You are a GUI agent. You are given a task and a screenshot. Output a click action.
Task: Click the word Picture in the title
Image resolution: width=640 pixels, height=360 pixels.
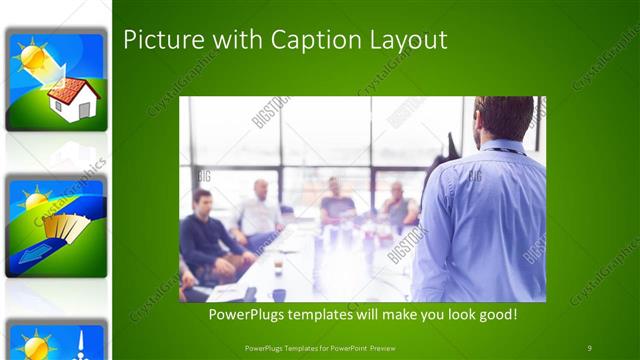(156, 40)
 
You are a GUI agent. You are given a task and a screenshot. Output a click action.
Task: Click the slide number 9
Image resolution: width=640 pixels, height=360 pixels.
(589, 347)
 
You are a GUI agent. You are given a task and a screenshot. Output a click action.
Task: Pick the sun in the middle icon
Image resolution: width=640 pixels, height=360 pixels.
(38, 196)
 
